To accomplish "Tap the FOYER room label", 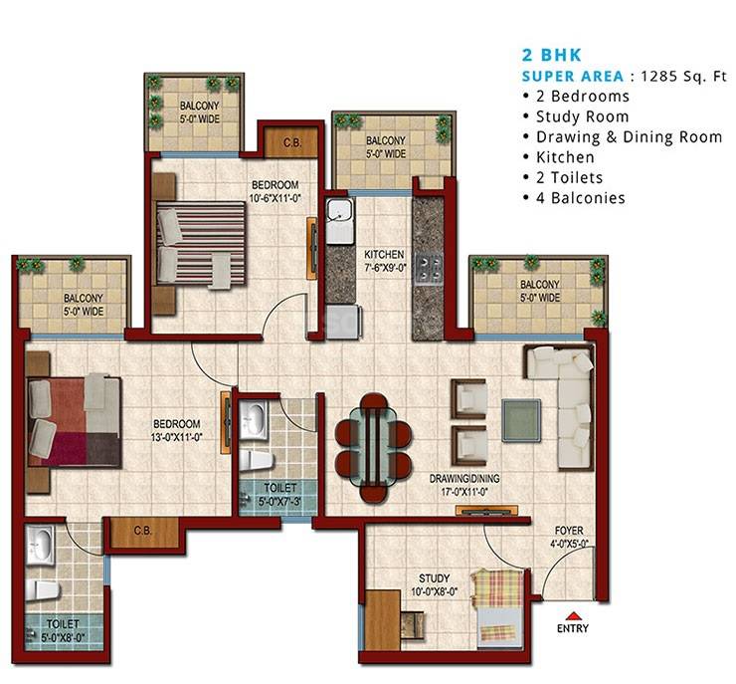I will point(569,537).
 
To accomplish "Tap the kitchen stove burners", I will point(430,266).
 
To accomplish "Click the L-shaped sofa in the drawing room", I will point(562,403).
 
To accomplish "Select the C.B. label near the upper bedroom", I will point(291,141).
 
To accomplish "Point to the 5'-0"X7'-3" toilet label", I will point(277,494).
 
